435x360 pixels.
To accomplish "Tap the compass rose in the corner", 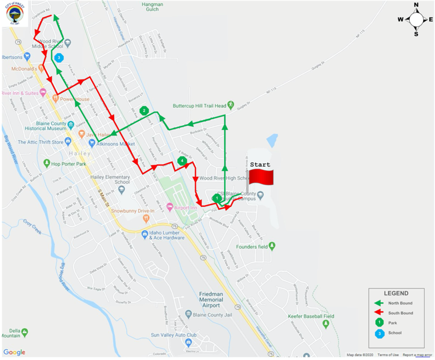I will (x=416, y=19).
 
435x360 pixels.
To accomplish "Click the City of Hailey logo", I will (x=15, y=13).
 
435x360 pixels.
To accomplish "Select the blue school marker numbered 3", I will (x=59, y=58).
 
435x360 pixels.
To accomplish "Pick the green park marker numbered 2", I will (x=144, y=110).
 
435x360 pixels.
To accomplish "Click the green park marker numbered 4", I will (x=182, y=161).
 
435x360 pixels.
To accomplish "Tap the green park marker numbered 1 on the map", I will (x=217, y=198).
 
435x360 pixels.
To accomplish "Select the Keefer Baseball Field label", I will (x=306, y=316).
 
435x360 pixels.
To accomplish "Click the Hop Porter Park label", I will (x=68, y=163).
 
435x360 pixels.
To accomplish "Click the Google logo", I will (x=14, y=353).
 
